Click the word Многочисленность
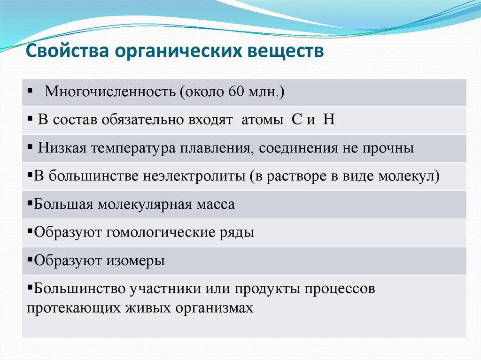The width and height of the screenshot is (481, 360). (109, 92)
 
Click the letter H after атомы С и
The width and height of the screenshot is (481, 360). (329, 120)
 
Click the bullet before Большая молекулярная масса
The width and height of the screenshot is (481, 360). (30, 204)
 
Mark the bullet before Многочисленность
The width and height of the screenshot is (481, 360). (30, 90)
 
